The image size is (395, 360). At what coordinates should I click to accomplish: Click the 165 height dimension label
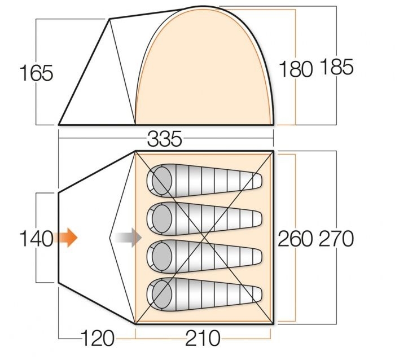(36, 73)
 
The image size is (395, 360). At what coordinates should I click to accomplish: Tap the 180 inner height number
(296, 69)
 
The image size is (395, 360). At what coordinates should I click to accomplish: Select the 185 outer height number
(336, 67)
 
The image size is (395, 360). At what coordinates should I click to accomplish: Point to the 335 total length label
(165, 139)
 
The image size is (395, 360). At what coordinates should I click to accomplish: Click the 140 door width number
(36, 239)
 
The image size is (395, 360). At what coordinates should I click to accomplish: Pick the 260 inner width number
(295, 239)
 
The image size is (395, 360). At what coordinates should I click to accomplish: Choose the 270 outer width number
(336, 239)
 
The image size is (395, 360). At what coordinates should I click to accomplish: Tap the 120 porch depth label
(98, 338)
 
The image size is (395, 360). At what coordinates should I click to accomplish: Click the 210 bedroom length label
(203, 338)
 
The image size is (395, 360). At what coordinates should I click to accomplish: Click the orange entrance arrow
(66, 238)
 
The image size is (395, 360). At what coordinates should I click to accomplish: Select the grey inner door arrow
(128, 238)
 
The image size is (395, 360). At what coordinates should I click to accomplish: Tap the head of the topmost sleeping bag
(162, 181)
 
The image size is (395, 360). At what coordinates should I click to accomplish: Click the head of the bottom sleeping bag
(162, 295)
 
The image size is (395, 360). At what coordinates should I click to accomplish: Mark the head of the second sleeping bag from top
(162, 218)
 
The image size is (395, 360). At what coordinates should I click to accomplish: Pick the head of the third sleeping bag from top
(162, 257)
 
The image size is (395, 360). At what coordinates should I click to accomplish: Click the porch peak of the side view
(109, 19)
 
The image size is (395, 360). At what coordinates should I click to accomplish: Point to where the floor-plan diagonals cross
(204, 238)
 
